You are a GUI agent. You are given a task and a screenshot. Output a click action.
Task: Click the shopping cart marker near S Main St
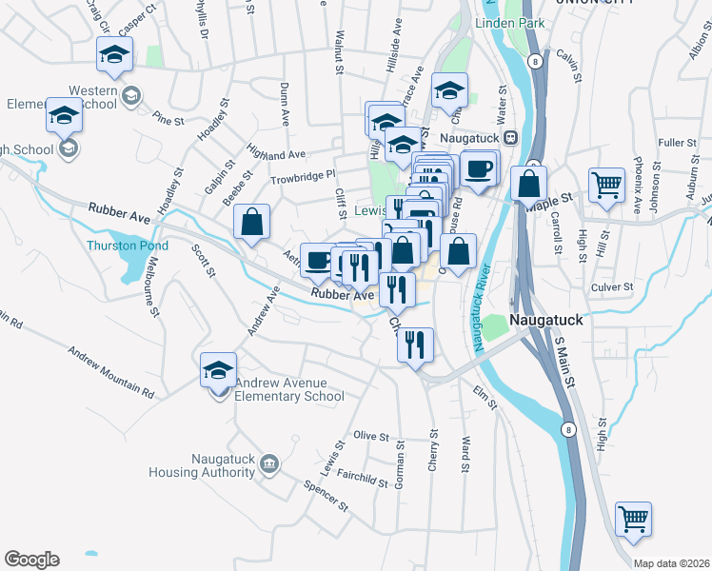point(633,519)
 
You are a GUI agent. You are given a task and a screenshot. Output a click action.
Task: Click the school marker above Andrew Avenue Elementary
point(219,369)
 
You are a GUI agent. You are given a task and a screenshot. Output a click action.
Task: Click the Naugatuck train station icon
point(510,137)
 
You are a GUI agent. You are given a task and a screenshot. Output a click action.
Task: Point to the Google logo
point(31,560)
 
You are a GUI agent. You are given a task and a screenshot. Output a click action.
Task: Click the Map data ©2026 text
point(671,563)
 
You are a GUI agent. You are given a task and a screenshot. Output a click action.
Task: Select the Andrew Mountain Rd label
point(109,371)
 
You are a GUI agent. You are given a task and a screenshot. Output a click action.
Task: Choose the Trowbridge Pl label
point(303,175)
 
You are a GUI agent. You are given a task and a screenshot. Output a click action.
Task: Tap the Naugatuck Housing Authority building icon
point(270,463)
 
